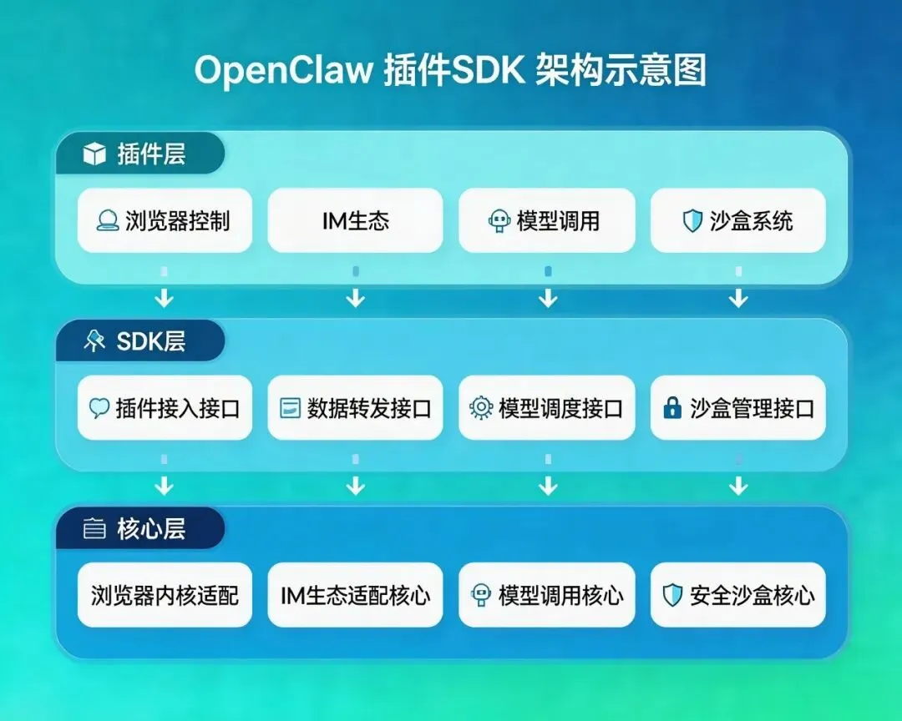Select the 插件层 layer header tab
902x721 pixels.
[139, 154]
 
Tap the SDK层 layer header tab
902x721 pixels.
[139, 341]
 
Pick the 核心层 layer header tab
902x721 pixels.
[139, 529]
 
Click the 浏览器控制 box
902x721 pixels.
[165, 220]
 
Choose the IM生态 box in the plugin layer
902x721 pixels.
[355, 220]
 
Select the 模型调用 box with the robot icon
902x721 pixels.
[546, 220]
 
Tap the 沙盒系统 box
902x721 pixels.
[737, 220]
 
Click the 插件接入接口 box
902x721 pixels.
[165, 407]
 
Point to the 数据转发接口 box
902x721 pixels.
[355, 407]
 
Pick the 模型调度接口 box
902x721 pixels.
[546, 407]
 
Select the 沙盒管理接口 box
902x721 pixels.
[737, 407]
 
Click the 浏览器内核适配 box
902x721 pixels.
[165, 595]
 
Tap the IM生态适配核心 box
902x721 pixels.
[355, 595]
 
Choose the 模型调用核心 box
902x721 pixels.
[546, 595]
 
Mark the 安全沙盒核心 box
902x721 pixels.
[737, 595]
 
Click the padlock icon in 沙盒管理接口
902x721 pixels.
[671, 408]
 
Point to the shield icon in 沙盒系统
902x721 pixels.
[692, 221]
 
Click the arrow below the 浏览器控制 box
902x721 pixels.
[165, 296]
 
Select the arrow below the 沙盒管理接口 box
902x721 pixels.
[737, 484]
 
